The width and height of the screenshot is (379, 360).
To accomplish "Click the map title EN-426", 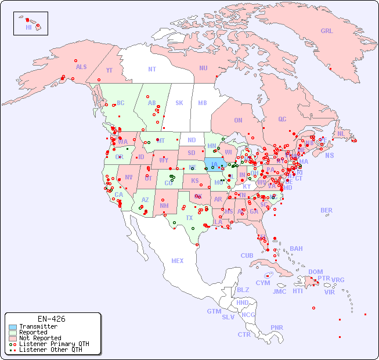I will coord(51,319).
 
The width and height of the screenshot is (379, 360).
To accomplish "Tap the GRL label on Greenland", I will coord(327,31).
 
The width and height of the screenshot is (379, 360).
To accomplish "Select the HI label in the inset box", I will coord(28,27).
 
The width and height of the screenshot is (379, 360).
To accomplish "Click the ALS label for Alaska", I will coord(81,67).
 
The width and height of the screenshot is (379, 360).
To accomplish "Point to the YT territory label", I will coord(109,70).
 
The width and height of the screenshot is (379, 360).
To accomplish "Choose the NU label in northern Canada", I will coord(203,68).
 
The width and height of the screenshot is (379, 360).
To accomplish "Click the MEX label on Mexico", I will coord(177,261).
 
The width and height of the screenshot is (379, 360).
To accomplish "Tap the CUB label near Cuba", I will coord(247,255).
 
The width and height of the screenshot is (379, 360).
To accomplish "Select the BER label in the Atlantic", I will coord(326,210).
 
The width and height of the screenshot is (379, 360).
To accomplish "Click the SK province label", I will coord(179,103).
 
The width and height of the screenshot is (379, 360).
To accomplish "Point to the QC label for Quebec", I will coord(282,119).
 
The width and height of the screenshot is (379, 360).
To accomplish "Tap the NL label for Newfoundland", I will coord(341,134).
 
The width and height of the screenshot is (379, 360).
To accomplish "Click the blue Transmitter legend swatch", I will coord(12,327).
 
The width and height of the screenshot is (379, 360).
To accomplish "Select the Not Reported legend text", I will coord(40,338).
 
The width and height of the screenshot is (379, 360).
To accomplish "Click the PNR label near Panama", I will coord(277,327).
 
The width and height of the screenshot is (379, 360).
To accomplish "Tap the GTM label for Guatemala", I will coord(214,311).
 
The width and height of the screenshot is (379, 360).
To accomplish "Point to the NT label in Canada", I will coord(151,69).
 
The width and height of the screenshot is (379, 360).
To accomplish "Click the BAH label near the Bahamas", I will coord(296,249).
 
